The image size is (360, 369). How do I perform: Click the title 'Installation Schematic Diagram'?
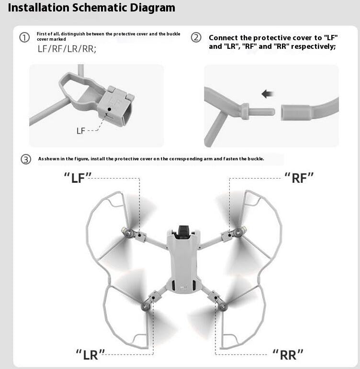(x=91, y=8)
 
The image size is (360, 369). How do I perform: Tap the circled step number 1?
(x=24, y=38)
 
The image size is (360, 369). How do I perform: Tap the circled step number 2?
(x=196, y=38)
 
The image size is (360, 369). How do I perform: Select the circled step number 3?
(x=26, y=159)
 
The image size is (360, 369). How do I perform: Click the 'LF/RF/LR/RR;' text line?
(x=67, y=49)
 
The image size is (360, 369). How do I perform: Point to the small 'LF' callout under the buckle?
(x=80, y=131)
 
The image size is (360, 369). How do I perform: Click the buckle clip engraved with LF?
(x=114, y=103)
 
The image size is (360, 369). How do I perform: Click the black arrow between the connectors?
(x=267, y=94)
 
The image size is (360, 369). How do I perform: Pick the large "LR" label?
(x=90, y=354)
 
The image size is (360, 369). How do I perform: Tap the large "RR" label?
(x=288, y=354)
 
